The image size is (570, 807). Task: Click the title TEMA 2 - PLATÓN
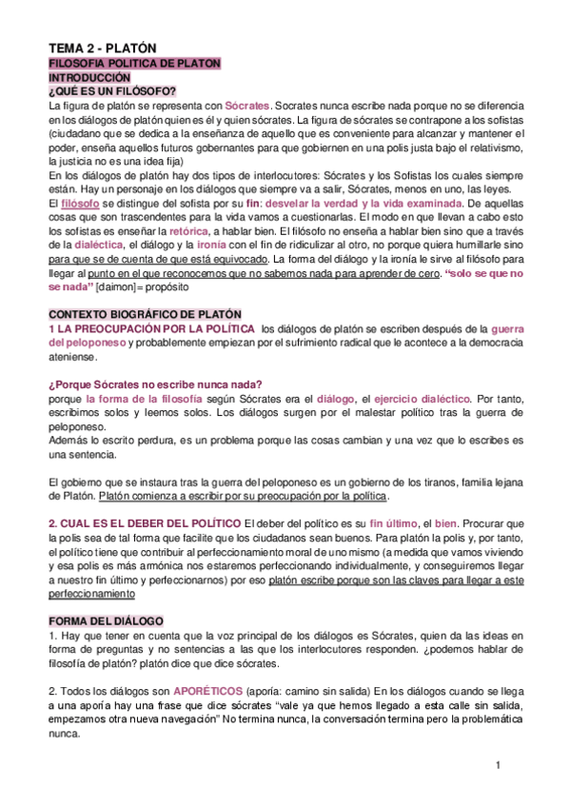tap(103, 48)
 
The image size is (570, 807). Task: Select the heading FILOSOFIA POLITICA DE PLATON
tap(134, 64)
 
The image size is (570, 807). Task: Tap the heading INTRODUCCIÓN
tap(88, 77)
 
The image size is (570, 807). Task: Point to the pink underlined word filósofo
tap(78, 204)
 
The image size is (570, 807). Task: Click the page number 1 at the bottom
tap(498, 766)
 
